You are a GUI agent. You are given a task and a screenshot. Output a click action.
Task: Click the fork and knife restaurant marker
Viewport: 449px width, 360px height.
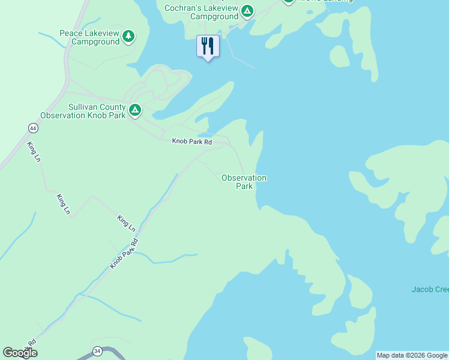208,46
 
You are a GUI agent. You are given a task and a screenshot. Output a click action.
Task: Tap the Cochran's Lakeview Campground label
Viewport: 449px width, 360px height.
202,12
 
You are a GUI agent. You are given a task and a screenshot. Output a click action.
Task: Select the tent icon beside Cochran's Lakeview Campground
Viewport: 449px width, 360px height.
247,11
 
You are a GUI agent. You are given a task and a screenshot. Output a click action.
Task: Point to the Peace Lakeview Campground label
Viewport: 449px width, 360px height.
90,37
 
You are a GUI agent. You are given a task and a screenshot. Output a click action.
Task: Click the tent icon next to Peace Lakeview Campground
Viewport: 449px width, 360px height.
128,37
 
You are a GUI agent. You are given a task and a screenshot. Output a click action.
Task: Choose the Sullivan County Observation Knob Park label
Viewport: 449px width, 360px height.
83,111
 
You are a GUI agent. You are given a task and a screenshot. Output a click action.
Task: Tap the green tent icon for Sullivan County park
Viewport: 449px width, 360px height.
135,110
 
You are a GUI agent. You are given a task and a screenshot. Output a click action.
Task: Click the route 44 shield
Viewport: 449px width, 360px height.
32,128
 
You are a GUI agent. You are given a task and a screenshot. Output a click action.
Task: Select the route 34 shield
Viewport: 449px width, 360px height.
97,350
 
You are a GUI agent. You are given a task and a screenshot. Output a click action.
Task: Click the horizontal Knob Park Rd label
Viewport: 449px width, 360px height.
192,142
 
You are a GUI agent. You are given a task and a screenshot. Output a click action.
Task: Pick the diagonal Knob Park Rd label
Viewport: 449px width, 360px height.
124,253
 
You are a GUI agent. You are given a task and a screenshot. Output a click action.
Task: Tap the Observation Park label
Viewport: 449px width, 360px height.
244,182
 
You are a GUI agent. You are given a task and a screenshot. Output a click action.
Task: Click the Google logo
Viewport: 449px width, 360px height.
20,353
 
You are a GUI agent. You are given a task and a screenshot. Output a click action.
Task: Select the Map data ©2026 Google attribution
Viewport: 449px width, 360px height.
412,355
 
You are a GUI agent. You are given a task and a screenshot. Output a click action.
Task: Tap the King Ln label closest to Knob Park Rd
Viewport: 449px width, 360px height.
127,223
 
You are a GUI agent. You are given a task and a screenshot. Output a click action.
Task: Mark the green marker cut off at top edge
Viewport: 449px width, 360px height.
289,1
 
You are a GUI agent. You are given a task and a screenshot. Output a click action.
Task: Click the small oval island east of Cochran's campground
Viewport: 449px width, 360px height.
340,56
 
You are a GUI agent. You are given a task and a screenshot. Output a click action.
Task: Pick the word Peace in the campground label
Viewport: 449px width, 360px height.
71,33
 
